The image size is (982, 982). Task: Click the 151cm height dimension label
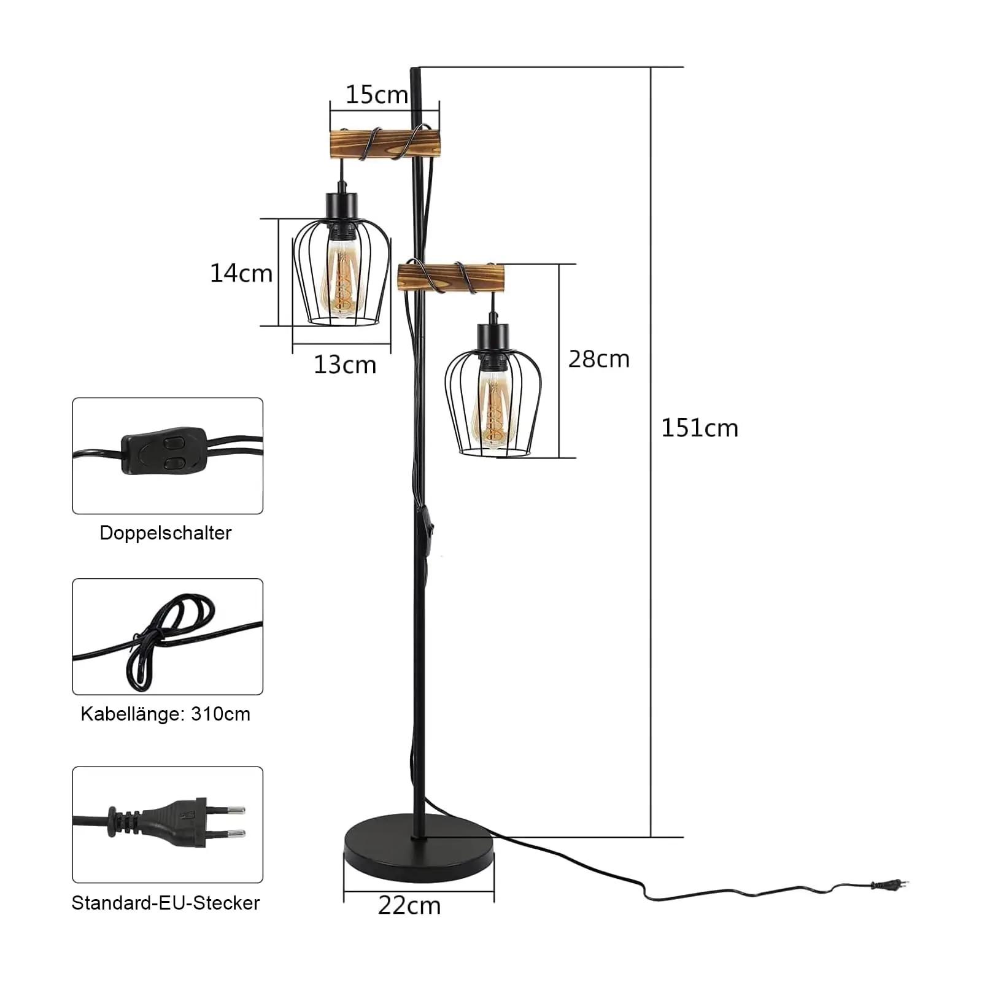[x=700, y=428]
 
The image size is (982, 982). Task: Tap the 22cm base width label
[x=409, y=906]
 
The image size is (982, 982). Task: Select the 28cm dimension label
[x=599, y=359]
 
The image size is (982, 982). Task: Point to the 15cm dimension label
[x=376, y=95]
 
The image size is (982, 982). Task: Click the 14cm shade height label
[x=241, y=273]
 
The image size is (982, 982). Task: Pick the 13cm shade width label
[x=345, y=365]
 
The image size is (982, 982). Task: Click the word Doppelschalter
[x=166, y=533]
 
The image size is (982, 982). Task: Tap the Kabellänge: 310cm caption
[x=166, y=714]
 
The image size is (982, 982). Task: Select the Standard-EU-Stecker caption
[x=166, y=903]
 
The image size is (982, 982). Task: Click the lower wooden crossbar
[x=451, y=277]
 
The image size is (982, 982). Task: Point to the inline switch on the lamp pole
[x=426, y=525]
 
